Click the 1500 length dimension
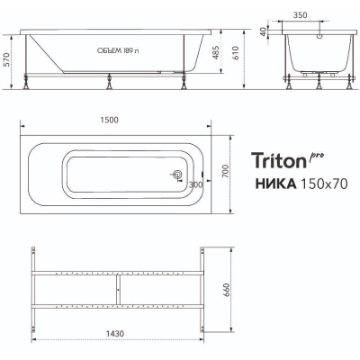[x=109, y=120]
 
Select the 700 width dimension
[x=226, y=171]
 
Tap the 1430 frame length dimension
[x=114, y=333]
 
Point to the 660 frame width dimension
[x=227, y=290]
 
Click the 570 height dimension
[x=7, y=59]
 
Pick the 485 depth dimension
[x=216, y=52]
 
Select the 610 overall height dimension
[x=236, y=53]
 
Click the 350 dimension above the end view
[x=300, y=15]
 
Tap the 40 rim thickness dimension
[x=263, y=31]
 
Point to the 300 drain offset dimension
[x=195, y=184]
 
